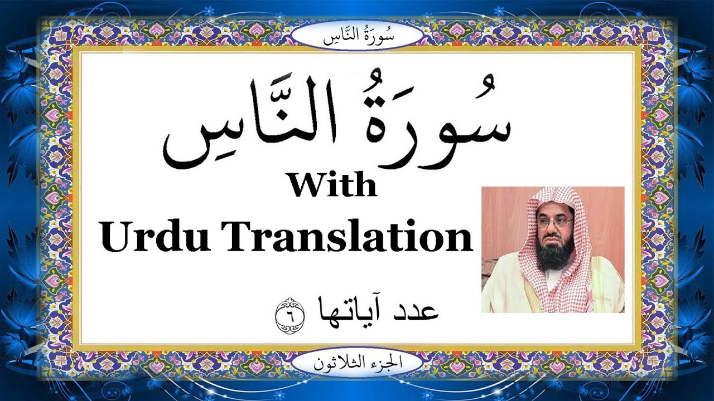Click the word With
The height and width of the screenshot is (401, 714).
pos(332,186)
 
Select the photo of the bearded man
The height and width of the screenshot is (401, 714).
pos(553,250)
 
